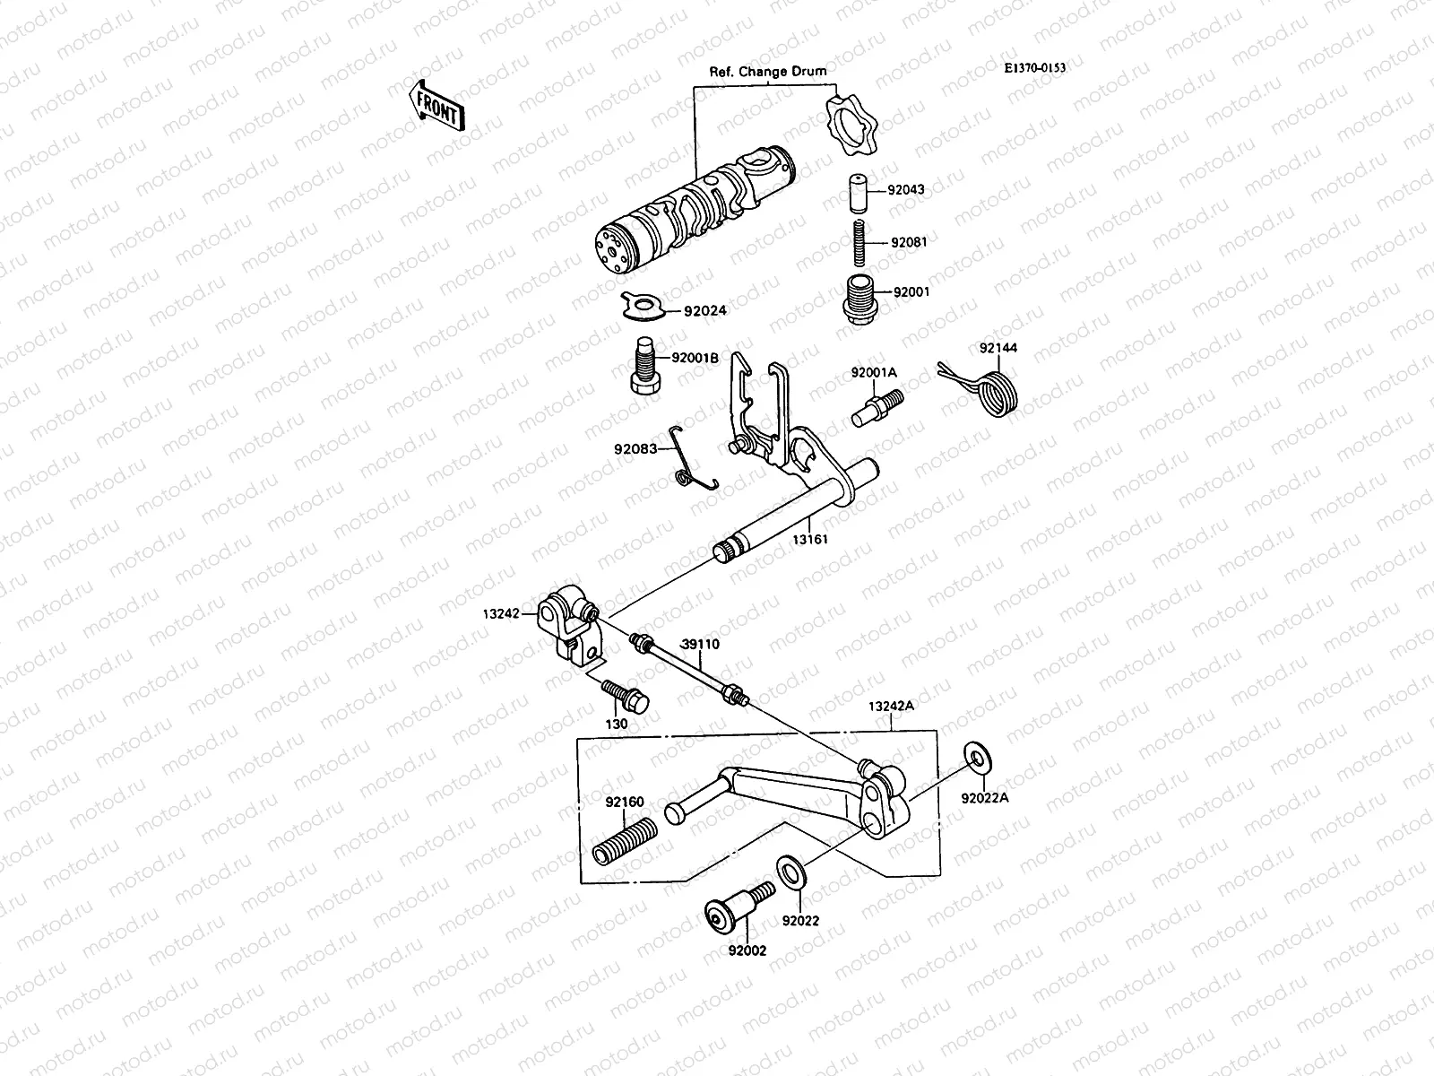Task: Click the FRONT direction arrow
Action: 436,106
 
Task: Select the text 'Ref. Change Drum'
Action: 768,72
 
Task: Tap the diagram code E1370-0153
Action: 1034,67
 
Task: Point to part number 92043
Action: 906,190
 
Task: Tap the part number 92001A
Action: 874,371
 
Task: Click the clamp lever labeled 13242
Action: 567,626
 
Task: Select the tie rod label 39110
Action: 700,644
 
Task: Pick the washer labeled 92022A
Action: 978,759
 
